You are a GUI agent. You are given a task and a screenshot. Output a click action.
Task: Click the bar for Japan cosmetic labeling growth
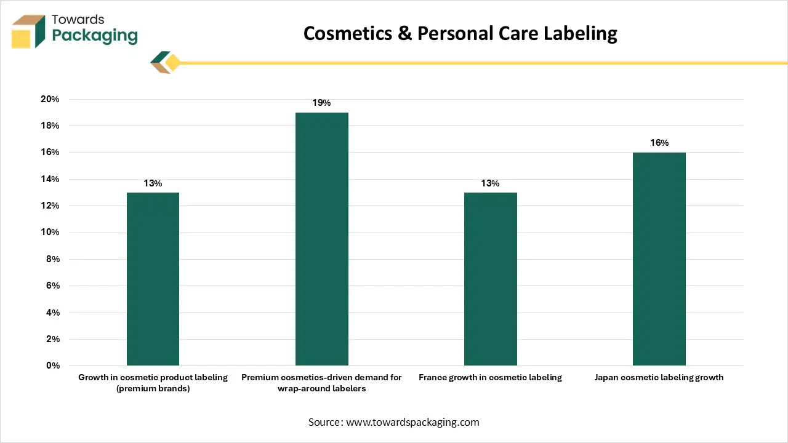click(659, 258)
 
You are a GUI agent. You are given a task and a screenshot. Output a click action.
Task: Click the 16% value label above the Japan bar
click(659, 143)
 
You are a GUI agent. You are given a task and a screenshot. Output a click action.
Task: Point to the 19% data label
click(321, 103)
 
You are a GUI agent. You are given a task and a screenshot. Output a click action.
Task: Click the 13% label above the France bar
click(490, 183)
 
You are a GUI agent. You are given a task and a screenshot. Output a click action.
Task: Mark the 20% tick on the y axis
click(50, 99)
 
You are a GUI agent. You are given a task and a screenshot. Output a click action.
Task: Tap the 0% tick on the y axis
click(52, 365)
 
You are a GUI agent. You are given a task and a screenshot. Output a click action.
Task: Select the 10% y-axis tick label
click(50, 233)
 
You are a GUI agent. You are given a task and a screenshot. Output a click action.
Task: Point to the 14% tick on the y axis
click(50, 179)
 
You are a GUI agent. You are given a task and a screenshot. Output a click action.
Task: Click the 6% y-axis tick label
click(52, 285)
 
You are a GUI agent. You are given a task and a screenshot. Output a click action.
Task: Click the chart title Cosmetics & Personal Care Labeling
click(460, 33)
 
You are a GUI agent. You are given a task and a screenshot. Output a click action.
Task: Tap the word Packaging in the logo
click(95, 35)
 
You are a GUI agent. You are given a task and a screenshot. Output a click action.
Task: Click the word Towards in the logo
click(78, 19)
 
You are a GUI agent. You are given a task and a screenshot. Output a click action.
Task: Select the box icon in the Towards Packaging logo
click(28, 31)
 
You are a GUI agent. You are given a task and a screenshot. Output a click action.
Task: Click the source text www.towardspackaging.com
click(412, 422)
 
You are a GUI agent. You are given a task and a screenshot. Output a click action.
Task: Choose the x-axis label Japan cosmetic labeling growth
click(659, 377)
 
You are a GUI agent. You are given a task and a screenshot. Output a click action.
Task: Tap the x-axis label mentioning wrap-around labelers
click(321, 383)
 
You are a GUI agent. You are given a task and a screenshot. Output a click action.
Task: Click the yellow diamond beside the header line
click(172, 63)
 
